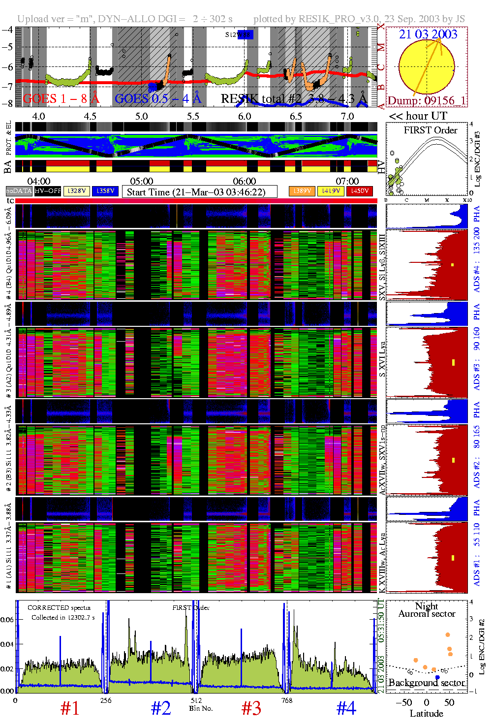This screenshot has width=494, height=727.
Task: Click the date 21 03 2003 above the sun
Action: [x=428, y=34]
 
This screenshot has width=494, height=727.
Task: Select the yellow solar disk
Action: [x=426, y=66]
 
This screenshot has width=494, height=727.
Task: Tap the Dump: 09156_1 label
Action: [x=426, y=101]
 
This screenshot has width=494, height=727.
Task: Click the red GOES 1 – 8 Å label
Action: [x=61, y=99]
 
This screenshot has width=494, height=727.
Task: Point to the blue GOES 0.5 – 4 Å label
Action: [x=158, y=99]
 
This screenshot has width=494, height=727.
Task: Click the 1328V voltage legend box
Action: [x=77, y=191]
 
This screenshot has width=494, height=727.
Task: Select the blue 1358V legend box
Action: [x=105, y=191]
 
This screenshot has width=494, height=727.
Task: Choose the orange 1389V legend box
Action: [x=302, y=191]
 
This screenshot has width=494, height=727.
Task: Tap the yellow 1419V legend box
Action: [x=331, y=191]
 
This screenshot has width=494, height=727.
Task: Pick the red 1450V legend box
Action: [x=360, y=191]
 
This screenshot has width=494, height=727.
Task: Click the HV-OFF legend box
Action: [x=48, y=191]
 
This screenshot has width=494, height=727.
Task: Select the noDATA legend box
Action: [x=19, y=191]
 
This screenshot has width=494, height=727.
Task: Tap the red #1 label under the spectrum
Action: [x=69, y=708]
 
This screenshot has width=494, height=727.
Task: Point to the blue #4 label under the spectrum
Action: [x=346, y=708]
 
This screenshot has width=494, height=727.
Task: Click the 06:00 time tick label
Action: [x=244, y=182]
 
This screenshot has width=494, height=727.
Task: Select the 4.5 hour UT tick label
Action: [x=90, y=117]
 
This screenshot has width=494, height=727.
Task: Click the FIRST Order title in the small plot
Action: [x=430, y=130]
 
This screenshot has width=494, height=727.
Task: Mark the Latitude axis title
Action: [x=426, y=714]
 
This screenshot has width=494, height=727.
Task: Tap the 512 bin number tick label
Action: [x=196, y=700]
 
